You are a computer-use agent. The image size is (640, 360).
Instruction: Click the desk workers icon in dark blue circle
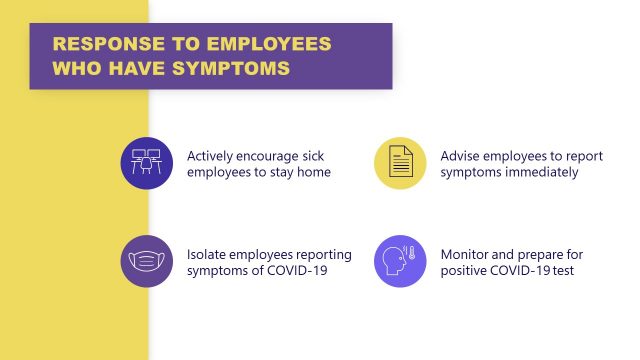pyautogui.click(x=147, y=163)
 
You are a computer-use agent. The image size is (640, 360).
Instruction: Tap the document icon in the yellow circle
pyautogui.click(x=401, y=163)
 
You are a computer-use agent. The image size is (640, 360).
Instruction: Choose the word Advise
pyautogui.click(x=461, y=156)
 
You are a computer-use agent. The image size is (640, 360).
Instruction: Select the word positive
pyautogui.click(x=465, y=270)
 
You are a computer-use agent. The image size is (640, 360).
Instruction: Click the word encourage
pyautogui.click(x=271, y=156)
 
